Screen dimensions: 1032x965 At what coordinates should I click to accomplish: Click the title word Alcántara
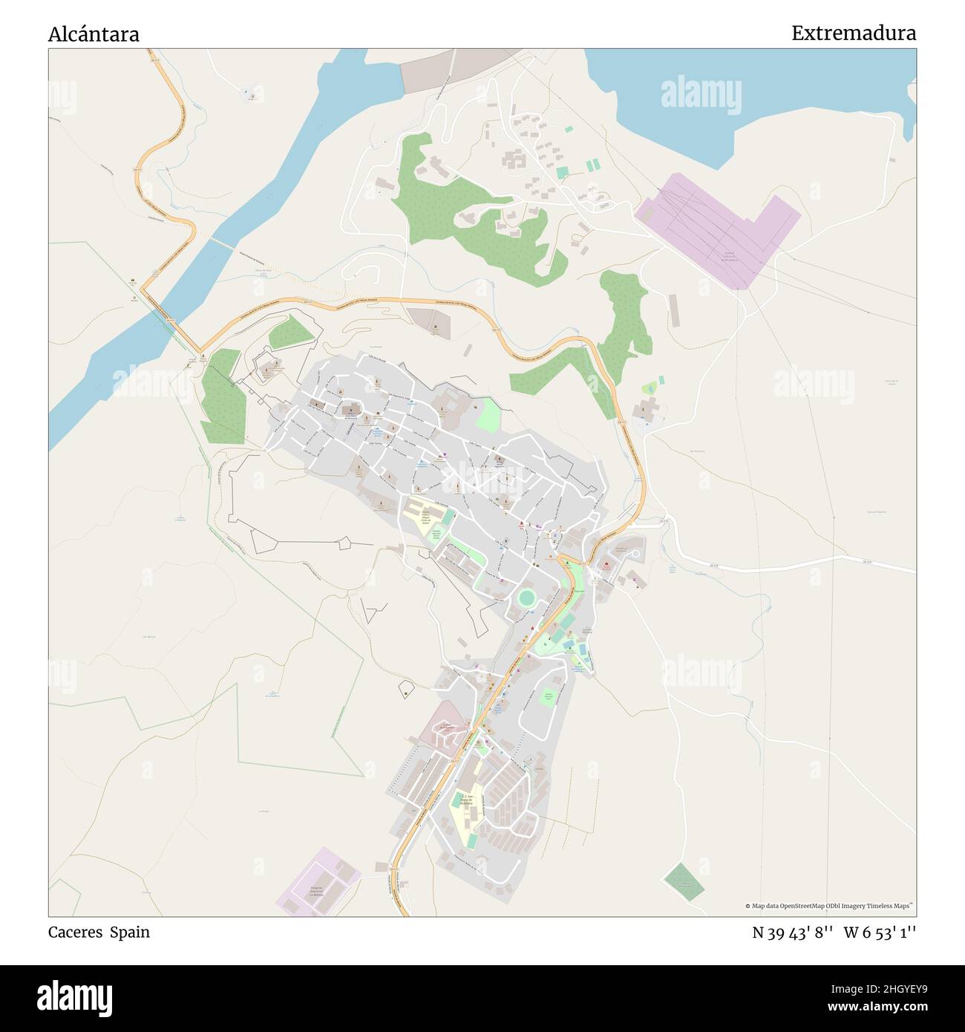tap(94, 34)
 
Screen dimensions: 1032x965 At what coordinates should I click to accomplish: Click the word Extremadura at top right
tap(853, 33)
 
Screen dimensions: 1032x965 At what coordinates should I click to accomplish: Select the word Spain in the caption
tap(130, 932)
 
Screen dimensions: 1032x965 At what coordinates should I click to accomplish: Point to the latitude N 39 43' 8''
tap(792, 932)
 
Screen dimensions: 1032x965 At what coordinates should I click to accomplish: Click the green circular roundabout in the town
tap(526, 598)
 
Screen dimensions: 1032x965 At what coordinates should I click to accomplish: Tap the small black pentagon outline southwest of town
tap(407, 688)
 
